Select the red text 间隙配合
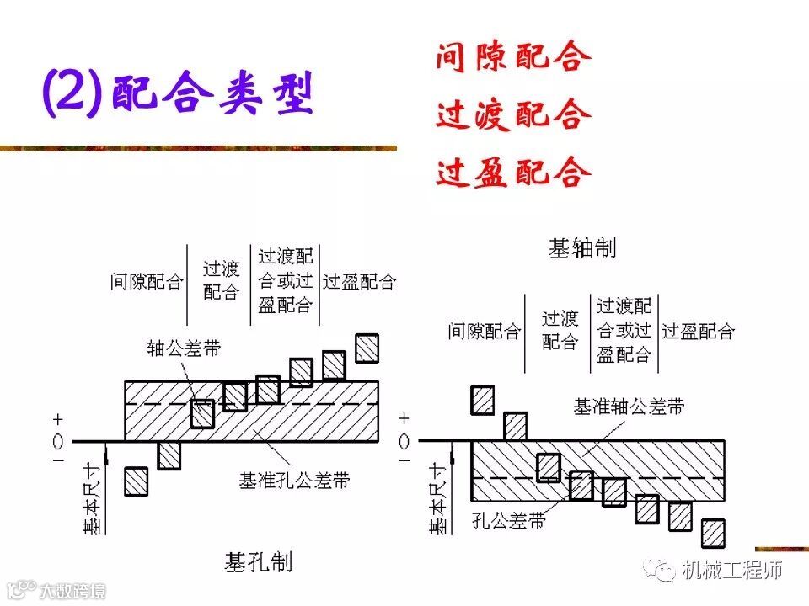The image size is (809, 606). (x=512, y=58)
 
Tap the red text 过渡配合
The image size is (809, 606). (x=512, y=115)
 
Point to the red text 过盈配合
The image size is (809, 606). (x=512, y=173)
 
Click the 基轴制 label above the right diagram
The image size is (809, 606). (x=582, y=248)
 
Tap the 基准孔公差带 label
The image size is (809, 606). (x=294, y=481)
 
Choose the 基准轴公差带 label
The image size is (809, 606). (x=629, y=407)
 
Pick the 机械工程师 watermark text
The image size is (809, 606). (x=731, y=571)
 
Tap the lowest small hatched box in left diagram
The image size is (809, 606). (x=137, y=481)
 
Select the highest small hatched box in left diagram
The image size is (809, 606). (x=367, y=348)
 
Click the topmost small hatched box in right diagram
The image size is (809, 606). (x=483, y=400)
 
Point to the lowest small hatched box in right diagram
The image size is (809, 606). (x=713, y=533)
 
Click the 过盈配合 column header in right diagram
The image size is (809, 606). (x=698, y=331)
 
